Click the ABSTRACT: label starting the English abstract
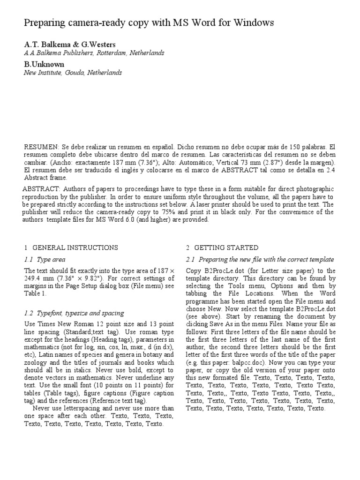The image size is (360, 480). pos(40,188)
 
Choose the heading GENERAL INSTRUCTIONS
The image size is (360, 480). pos(75,247)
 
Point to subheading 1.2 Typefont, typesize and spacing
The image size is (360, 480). pos(74,313)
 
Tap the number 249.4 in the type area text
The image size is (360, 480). pos(35,278)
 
